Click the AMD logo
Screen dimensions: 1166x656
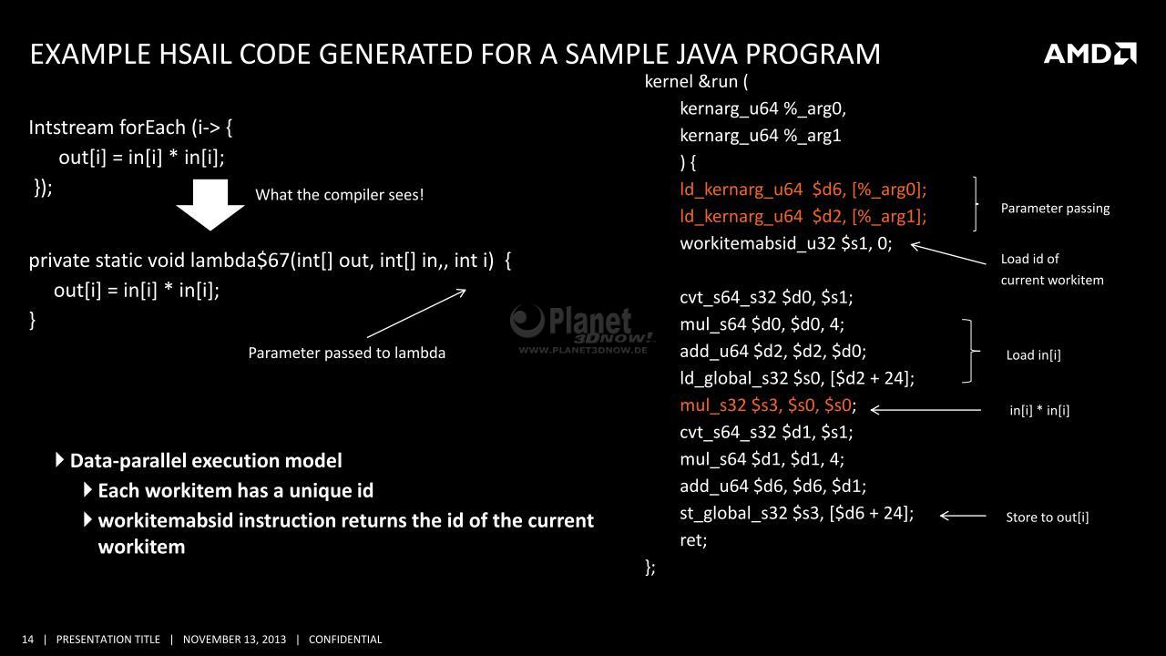coord(1090,54)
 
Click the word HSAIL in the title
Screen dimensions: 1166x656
coord(195,54)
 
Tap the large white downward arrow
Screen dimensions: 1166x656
coord(210,205)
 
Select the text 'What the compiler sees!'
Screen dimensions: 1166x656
coord(340,195)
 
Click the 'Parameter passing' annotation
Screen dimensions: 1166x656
coord(1055,209)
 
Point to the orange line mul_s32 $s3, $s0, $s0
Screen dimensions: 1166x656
coord(768,405)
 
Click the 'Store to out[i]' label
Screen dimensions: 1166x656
coord(1048,517)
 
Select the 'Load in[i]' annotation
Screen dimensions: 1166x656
coord(1033,355)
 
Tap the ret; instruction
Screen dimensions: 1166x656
coord(693,540)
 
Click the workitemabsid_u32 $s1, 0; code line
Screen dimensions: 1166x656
coord(786,243)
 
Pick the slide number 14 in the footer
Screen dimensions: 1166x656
coord(27,640)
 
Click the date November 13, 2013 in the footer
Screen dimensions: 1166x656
coord(234,640)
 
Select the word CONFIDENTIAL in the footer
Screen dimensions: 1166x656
coord(345,640)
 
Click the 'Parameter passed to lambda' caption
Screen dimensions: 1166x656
coord(347,353)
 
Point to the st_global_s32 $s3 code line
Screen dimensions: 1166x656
coord(796,513)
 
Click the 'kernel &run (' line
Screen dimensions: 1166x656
coord(697,82)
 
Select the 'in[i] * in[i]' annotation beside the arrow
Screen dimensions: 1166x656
coord(1039,410)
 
